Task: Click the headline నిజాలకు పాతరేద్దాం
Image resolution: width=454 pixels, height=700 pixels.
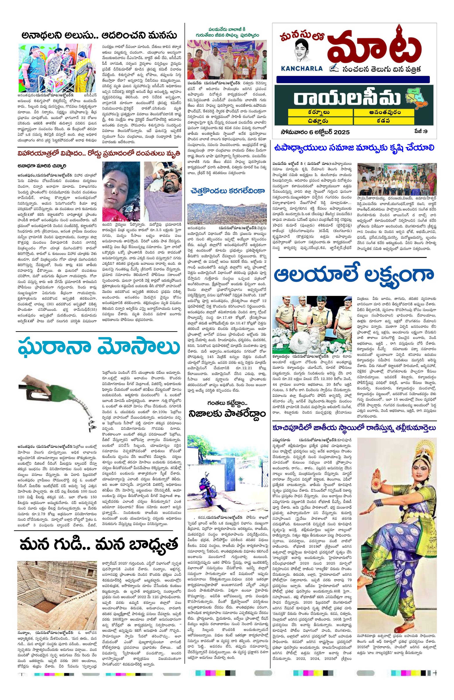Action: click(227, 414)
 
